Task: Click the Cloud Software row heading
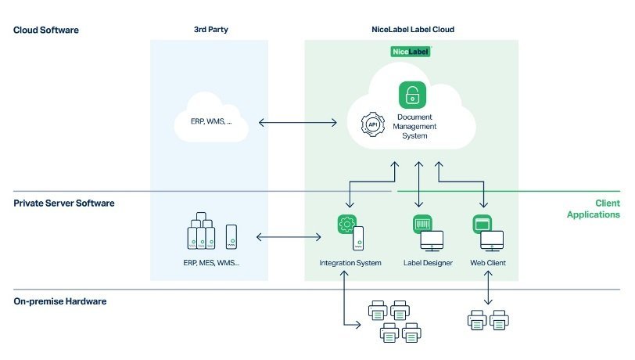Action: (46, 31)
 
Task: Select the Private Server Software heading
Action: (64, 203)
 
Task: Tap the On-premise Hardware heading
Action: (60, 301)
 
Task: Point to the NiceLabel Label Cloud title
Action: (412, 30)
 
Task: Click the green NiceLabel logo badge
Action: (411, 52)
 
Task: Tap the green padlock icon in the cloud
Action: (411, 95)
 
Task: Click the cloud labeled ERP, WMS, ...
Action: (210, 121)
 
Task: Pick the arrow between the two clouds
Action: (297, 122)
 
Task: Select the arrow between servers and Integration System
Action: (289, 236)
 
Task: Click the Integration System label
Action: (350, 263)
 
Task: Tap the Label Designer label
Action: (428, 263)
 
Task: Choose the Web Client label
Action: (488, 263)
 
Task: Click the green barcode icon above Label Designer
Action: (422, 225)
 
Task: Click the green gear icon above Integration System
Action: (345, 224)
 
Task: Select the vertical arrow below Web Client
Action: (489, 290)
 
